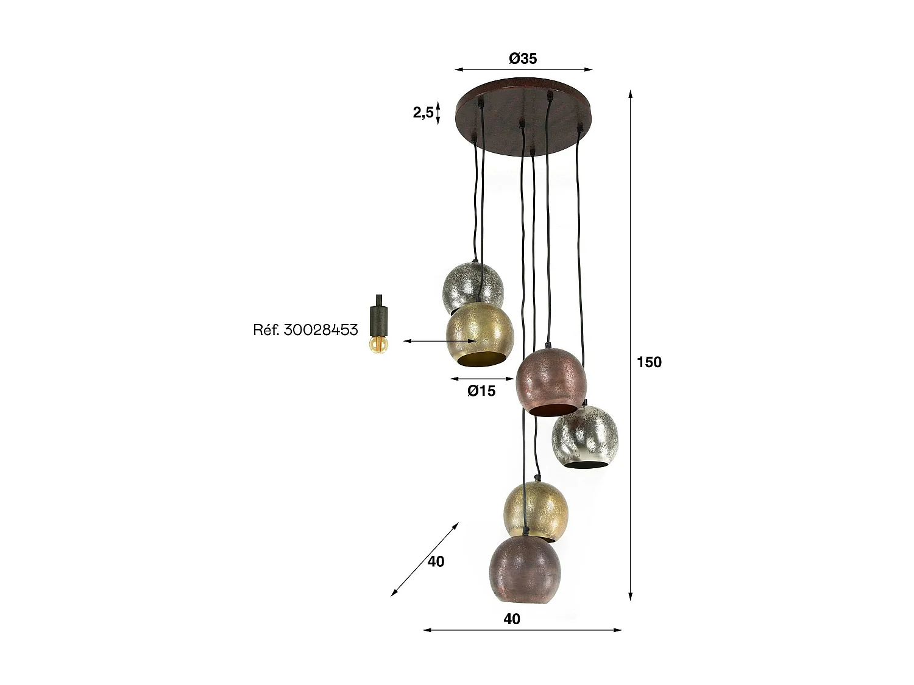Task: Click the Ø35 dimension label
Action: point(523,58)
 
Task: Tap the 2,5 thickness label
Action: point(423,113)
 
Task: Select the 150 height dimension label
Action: point(649,362)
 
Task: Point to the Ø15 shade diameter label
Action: point(481,391)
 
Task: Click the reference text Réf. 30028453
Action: point(305,330)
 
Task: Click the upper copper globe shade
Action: point(550,382)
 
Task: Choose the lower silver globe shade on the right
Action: point(584,435)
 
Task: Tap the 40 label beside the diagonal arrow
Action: point(436,561)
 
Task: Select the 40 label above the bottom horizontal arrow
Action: point(512,619)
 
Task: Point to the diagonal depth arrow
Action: point(425,558)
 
